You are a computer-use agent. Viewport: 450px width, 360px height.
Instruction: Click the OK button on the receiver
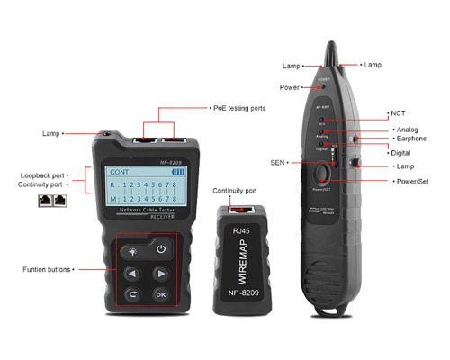(160, 293)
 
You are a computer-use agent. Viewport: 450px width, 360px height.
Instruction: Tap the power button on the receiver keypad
(160, 249)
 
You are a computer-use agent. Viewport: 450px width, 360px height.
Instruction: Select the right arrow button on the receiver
(160, 272)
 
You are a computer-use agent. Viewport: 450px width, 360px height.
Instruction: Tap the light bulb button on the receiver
(131, 249)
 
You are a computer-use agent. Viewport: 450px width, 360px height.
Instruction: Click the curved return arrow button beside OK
(131, 293)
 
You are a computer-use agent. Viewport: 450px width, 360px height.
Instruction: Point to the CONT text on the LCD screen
(121, 173)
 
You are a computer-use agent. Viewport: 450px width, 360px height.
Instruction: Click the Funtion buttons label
(47, 269)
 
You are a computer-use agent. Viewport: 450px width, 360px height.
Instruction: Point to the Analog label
(408, 130)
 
